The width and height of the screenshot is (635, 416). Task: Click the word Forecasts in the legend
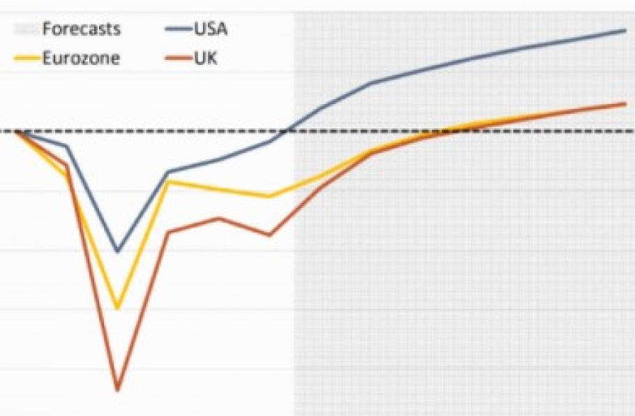click(x=82, y=29)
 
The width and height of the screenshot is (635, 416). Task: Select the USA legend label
click(x=210, y=29)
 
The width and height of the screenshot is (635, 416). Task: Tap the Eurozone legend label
click(x=81, y=59)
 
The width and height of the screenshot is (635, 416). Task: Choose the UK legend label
click(x=207, y=59)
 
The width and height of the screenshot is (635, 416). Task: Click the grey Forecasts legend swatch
click(x=26, y=29)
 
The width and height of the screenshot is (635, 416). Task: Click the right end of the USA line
click(x=625, y=30)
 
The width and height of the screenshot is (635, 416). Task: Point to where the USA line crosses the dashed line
click(x=285, y=131)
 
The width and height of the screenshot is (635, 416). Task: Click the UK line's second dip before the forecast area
click(x=269, y=235)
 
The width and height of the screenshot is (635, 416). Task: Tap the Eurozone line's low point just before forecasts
click(x=269, y=197)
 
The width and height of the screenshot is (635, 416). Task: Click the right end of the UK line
click(x=625, y=103)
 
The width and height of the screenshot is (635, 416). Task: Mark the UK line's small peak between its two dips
click(x=219, y=218)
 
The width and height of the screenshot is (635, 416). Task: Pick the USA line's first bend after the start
click(x=66, y=147)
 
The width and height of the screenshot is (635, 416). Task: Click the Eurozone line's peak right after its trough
click(x=168, y=181)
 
